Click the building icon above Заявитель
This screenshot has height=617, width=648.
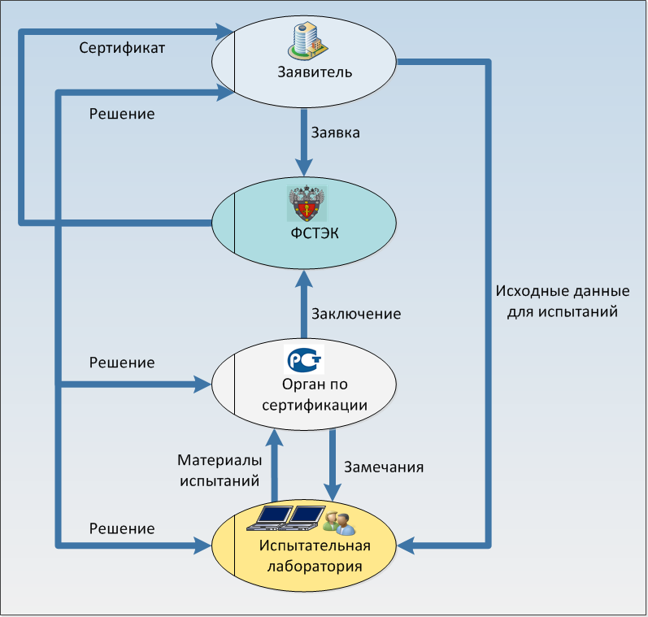click(308, 40)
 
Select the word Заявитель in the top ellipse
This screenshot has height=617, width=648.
click(315, 72)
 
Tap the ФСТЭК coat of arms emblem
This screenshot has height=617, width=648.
click(307, 203)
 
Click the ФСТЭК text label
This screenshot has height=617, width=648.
click(315, 233)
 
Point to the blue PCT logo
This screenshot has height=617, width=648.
click(305, 359)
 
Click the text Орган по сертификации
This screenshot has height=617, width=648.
click(315, 394)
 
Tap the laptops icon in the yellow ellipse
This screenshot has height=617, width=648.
click(285, 518)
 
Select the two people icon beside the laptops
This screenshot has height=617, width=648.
click(339, 523)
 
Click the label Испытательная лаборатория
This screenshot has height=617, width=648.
click(315, 556)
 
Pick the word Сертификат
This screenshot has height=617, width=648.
click(122, 48)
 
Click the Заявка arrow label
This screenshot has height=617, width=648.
click(335, 133)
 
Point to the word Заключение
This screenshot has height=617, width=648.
click(356, 314)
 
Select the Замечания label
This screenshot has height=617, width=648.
click(384, 467)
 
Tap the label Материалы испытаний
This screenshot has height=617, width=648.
click(220, 471)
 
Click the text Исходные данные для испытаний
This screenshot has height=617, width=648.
click(563, 302)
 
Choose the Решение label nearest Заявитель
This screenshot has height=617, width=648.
click(122, 114)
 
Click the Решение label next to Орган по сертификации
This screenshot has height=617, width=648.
click(122, 363)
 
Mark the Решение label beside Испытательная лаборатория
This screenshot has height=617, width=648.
click(122, 528)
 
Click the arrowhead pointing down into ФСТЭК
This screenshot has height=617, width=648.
click(304, 168)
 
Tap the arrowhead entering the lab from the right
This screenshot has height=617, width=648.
click(406, 545)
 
